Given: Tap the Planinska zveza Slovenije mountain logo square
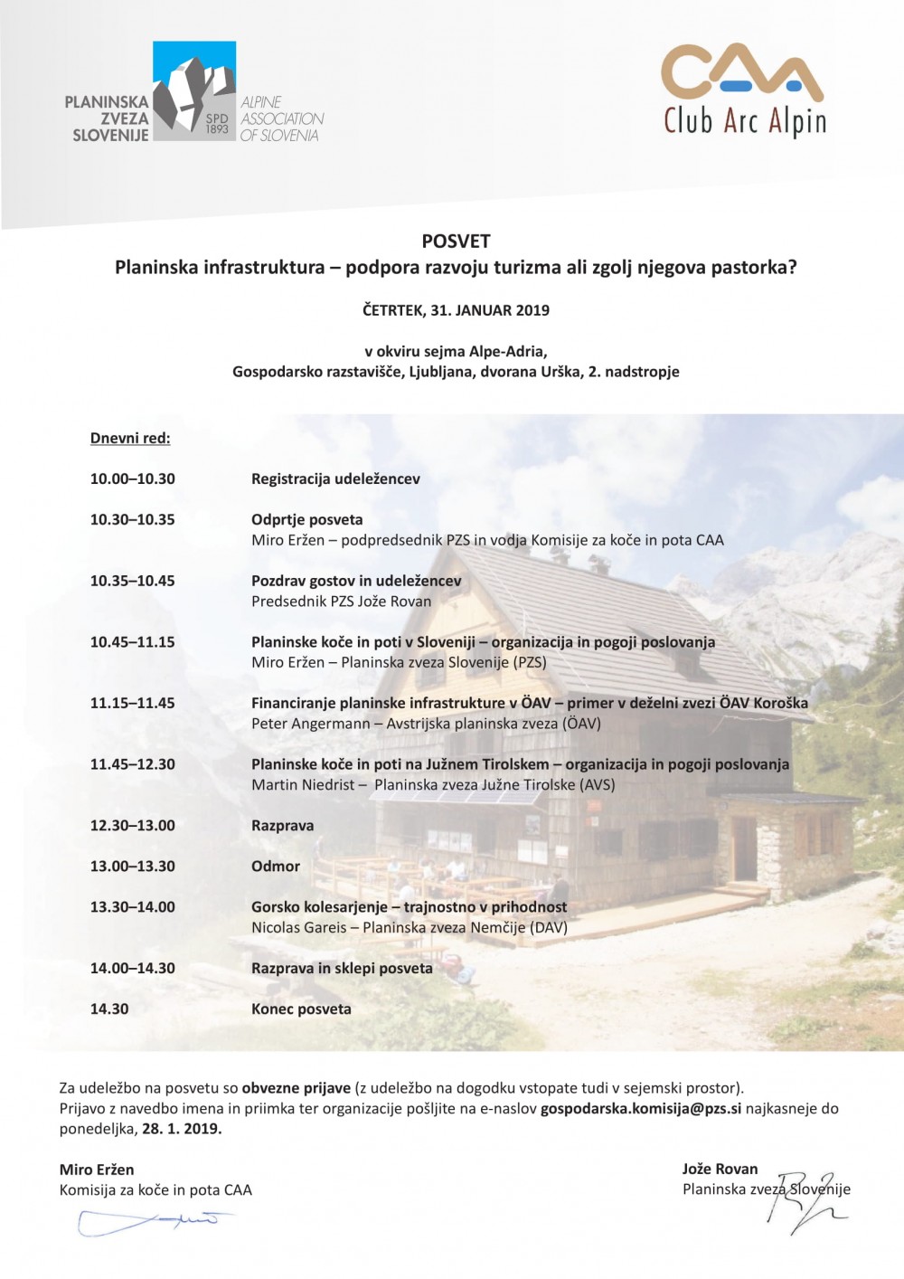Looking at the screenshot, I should point(194,90).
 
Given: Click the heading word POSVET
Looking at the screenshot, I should point(456,242).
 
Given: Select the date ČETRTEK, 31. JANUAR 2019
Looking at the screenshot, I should point(456,310).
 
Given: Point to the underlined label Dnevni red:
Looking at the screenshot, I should point(130,439).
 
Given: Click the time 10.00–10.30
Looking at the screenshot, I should point(133,479).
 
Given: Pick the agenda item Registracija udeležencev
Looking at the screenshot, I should point(335,479).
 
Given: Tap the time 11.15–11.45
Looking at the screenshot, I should point(133,703).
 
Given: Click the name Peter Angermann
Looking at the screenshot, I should point(311,724).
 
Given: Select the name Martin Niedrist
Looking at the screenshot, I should point(303,785).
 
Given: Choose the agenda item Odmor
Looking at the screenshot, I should point(276,867).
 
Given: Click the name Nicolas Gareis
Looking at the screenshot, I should point(299,928).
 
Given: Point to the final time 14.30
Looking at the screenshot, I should point(109,1009).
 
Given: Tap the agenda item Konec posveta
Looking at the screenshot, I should point(301,1009).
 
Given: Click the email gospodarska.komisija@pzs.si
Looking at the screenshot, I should point(641,1109).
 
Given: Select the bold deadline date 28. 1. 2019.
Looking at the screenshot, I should point(182,1129).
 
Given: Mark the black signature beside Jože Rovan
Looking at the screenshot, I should point(805,1203).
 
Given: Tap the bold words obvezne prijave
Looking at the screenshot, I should point(296,1088).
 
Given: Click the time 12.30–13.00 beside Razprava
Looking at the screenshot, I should point(133,826).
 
